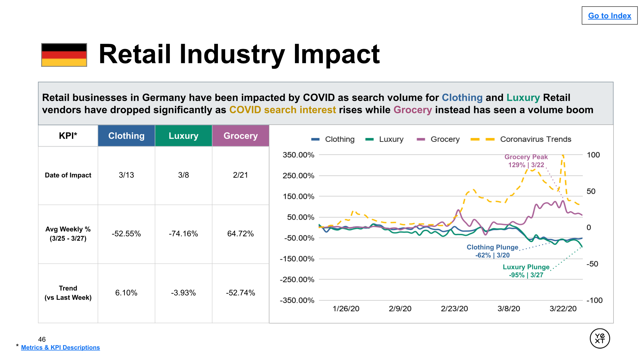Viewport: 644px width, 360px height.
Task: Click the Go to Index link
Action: point(609,16)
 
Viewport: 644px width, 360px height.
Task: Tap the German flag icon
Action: point(64,55)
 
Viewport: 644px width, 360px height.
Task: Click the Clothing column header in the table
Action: point(126,136)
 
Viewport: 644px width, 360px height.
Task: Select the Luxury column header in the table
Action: point(183,136)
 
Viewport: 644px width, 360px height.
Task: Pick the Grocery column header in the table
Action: point(240,136)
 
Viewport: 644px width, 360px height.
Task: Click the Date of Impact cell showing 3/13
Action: point(126,175)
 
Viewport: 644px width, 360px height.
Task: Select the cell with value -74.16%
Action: point(183,234)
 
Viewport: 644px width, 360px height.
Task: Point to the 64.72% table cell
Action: point(240,234)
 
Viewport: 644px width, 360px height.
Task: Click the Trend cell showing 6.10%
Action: point(126,293)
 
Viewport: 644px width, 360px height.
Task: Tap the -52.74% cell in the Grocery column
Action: point(240,293)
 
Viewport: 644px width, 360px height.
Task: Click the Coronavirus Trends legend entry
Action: point(535,139)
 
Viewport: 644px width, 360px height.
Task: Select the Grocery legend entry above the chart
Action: point(445,139)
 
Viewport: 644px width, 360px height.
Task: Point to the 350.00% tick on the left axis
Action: point(298,155)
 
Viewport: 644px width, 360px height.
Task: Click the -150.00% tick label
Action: point(297,259)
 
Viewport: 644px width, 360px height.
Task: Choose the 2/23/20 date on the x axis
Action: point(454,309)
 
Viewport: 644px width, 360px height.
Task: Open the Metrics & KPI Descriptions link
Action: point(60,348)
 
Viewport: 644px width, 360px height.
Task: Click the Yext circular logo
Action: point(600,338)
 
